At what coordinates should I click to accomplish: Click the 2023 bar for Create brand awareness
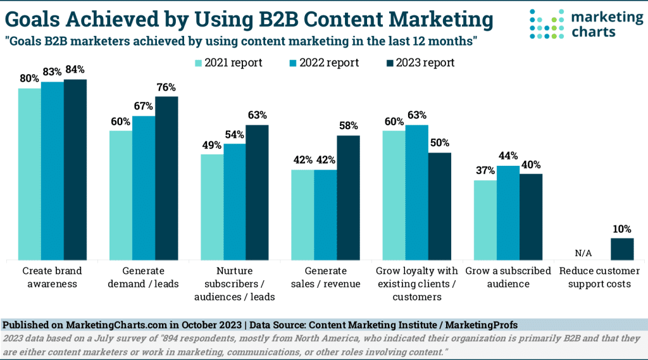pos(75,170)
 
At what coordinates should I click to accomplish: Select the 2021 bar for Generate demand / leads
pos(121,195)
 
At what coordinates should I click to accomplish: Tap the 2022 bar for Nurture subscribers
pos(235,201)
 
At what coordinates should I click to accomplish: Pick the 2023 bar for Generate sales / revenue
pos(348,197)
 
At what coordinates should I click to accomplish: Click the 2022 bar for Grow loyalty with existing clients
pos(417,192)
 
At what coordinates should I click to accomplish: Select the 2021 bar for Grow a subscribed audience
pos(485,220)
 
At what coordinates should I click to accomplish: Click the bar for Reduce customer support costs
pos(621,249)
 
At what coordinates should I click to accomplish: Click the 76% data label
pos(166,87)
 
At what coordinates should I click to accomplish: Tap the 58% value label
pos(348,126)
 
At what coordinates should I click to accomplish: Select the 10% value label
pos(621,228)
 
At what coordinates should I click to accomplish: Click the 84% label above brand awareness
pos(75,70)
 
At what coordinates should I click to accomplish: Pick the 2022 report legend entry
pos(323,63)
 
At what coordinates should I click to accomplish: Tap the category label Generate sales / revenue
pos(325,277)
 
